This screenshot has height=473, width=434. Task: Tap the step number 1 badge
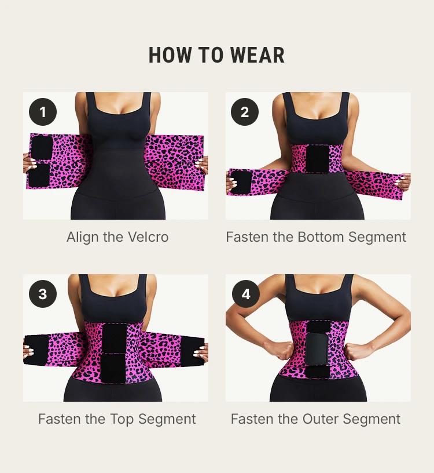(43, 112)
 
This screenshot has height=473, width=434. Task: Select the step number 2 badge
(245, 112)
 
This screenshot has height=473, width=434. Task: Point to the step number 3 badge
(43, 294)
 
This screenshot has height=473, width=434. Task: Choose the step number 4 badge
(245, 294)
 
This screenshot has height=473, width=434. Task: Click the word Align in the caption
(83, 237)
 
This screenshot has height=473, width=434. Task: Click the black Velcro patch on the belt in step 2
(317, 158)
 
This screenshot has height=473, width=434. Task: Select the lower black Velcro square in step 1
(41, 175)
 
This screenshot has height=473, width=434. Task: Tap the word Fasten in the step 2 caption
(246, 237)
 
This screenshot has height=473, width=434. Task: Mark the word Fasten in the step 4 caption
(251, 419)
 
